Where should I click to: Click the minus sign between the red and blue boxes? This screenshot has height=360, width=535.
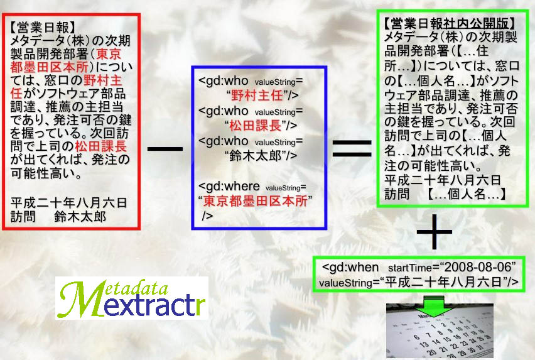point(165,149)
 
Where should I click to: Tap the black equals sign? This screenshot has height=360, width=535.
point(352,148)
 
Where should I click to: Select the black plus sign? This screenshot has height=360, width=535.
point(435,232)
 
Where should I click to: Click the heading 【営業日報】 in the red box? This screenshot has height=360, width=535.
point(42,27)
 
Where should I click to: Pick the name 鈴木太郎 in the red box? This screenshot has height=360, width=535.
point(80,217)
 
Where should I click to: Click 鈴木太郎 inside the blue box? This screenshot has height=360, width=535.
point(255,156)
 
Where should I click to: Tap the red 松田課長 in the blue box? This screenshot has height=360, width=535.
point(255,126)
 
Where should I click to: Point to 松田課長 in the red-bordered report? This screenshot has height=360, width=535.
point(100,146)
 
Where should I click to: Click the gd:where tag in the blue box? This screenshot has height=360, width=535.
point(229,187)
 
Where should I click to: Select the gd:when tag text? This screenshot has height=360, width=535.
point(350,267)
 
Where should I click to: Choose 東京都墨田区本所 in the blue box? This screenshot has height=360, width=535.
point(255,201)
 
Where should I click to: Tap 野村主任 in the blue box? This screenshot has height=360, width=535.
point(257,95)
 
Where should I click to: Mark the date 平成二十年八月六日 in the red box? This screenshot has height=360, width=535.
point(68,203)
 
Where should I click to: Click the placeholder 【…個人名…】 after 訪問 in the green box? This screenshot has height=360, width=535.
point(466,194)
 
